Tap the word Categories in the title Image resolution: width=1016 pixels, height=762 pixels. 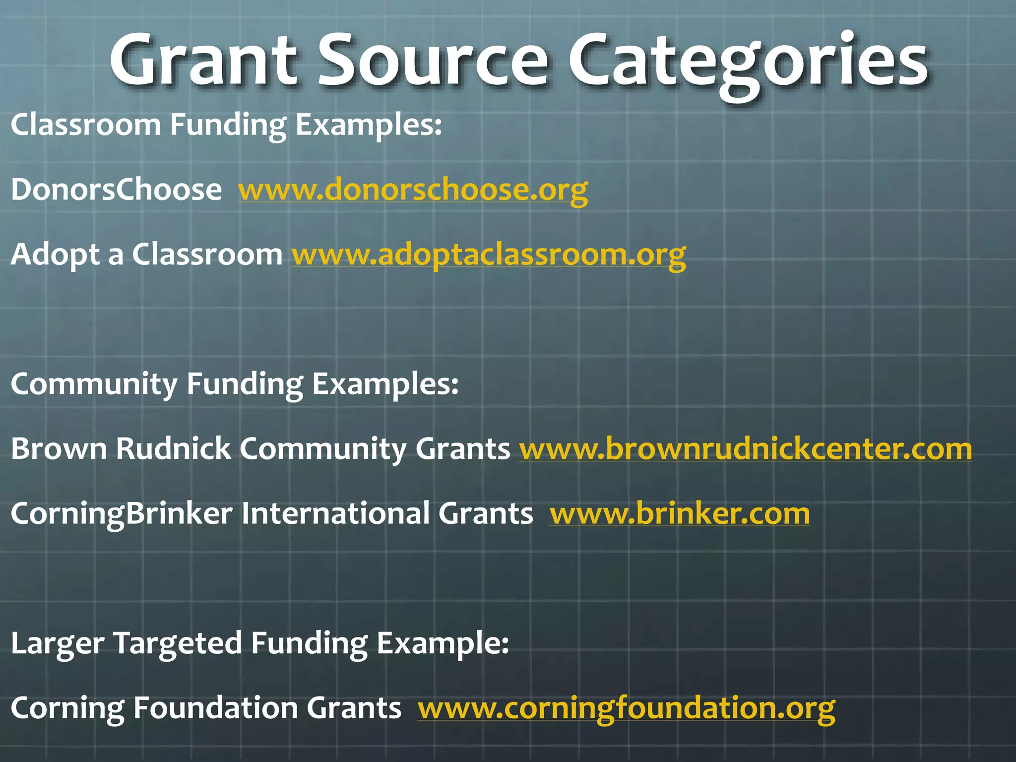748,62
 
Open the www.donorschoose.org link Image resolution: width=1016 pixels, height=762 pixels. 413,190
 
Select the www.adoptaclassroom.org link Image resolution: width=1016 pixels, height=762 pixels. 489,255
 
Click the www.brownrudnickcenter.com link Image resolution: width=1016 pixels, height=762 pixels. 745,449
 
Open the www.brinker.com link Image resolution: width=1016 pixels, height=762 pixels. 680,514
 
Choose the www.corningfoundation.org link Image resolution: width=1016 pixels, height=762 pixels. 626,708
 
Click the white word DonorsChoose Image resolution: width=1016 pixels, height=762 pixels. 116,190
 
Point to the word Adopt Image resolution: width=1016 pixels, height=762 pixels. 56,255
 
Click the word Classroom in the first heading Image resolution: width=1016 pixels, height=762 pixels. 85,124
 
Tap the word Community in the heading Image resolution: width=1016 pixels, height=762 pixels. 94,384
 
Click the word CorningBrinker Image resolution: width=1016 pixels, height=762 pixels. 122,514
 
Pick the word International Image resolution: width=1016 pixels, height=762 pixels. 335,514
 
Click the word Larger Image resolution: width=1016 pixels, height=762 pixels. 57,643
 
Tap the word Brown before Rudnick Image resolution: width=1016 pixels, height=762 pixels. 59,449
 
